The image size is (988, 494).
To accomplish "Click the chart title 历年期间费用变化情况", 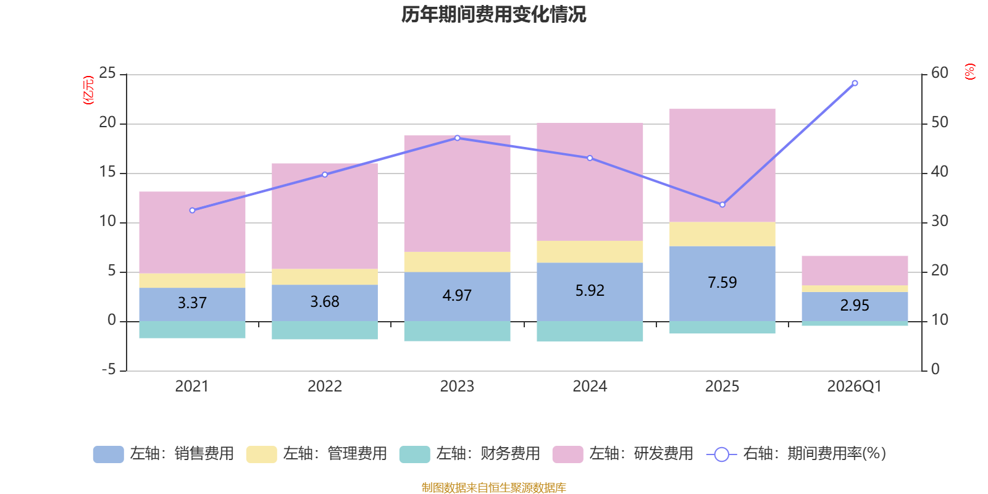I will coord(493,14).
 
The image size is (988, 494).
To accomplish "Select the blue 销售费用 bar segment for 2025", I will coord(722,299).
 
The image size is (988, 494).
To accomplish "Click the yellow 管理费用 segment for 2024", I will coord(590,251).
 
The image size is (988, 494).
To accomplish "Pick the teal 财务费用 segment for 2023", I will coord(457,331).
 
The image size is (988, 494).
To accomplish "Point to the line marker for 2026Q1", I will coord(855,83).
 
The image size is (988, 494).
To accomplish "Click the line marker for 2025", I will coord(722,204).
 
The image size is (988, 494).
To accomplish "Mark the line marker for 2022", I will coord(325,175).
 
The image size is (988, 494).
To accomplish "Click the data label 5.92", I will coord(590,291).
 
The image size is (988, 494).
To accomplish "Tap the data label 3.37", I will coord(192,303).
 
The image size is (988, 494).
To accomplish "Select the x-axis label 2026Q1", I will coord(854,387).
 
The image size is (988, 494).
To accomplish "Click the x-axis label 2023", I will coord(457,387).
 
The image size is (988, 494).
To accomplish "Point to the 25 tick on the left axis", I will coord(107,73).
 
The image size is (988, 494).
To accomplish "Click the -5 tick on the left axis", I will coord(108,370).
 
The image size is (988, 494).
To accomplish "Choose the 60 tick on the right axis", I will coord(940,73).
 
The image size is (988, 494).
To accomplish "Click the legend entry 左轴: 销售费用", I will coord(164,454).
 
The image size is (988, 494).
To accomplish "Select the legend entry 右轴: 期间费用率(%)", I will coord(797,454).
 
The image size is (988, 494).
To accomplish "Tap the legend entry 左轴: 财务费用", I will coord(470,454).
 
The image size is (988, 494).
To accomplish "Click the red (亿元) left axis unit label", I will coord(88,90).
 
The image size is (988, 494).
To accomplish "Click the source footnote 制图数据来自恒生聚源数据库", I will coord(493,488).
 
